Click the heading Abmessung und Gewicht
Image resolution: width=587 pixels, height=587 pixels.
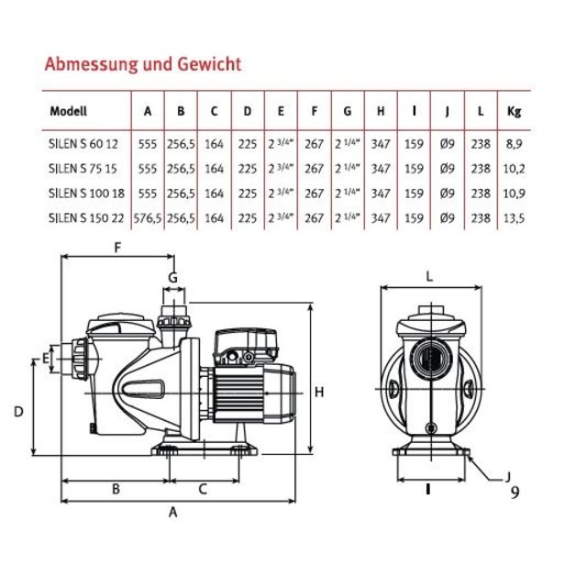(143, 64)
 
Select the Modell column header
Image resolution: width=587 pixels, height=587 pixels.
(69, 112)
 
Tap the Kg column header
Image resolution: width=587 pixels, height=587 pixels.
(514, 112)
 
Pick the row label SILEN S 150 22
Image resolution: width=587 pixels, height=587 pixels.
(84, 218)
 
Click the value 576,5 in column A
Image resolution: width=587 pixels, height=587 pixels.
(148, 218)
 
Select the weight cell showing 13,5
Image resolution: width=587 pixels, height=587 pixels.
(515, 218)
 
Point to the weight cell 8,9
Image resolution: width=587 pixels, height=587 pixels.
(515, 144)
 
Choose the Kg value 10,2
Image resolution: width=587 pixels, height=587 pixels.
(515, 169)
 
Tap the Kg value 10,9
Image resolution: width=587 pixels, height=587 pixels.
(515, 194)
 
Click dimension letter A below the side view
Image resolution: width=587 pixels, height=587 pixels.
(172, 514)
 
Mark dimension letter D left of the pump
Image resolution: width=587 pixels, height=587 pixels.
(18, 412)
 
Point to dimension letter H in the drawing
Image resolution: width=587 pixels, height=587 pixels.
(319, 393)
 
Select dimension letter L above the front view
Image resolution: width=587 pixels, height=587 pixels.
(428, 274)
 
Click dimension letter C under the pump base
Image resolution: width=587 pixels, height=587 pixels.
(204, 489)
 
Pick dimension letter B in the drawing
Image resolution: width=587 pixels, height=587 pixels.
(116, 489)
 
